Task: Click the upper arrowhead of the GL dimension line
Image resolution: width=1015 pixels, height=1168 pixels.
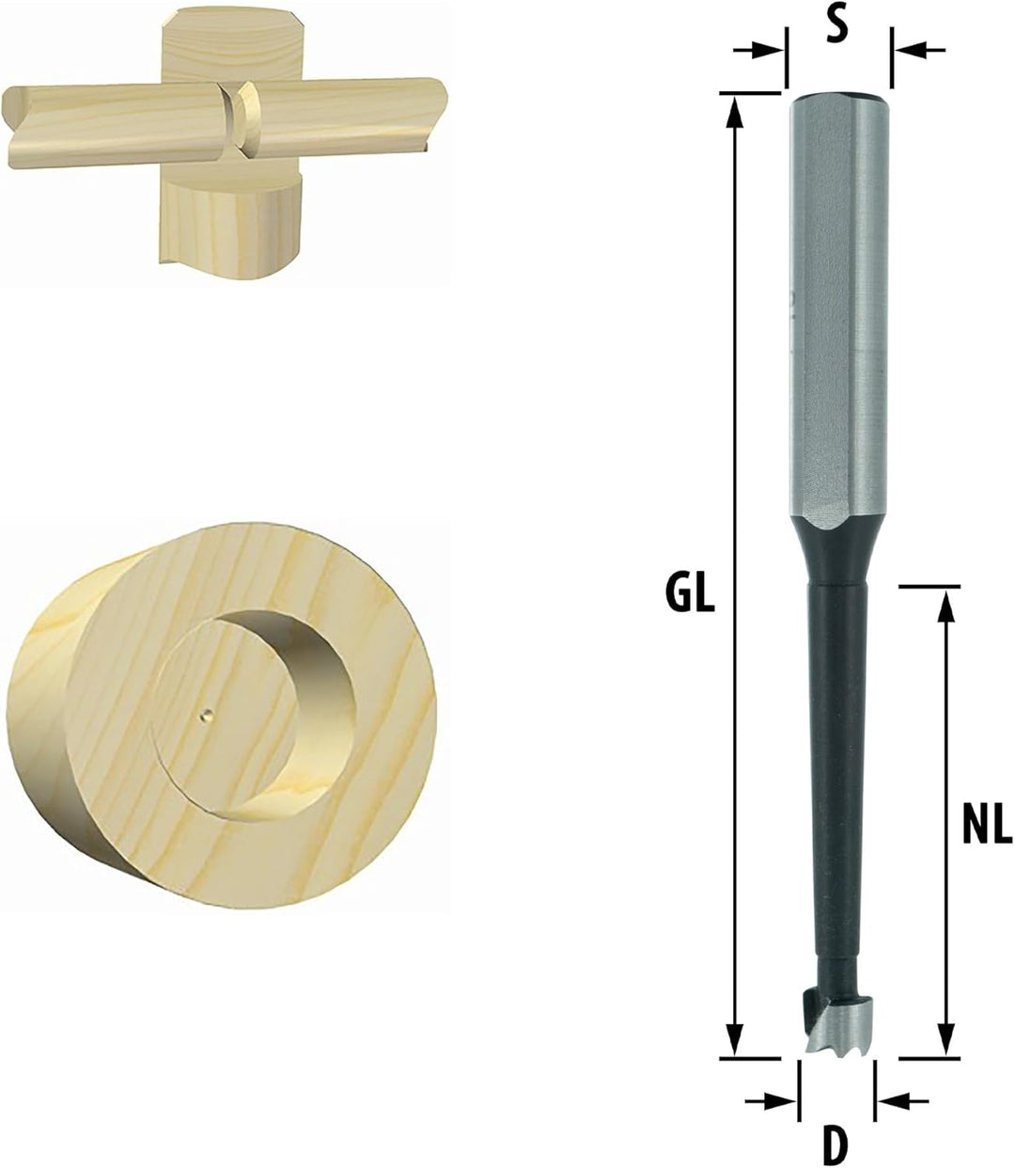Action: coord(737,111)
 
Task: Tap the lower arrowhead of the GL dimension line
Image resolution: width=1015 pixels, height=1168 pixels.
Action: coord(737,1040)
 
